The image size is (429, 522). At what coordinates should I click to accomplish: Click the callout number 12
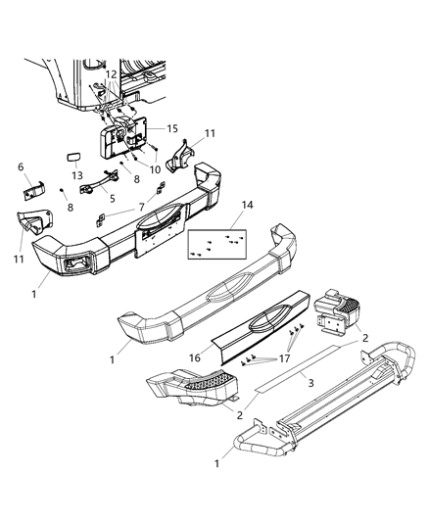point(112,74)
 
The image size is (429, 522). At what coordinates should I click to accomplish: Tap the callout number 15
point(171,128)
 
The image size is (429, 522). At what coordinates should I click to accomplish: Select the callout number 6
point(21,167)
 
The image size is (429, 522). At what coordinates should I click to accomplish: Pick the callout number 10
point(154,168)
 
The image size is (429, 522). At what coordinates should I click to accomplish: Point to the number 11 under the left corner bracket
point(20,258)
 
